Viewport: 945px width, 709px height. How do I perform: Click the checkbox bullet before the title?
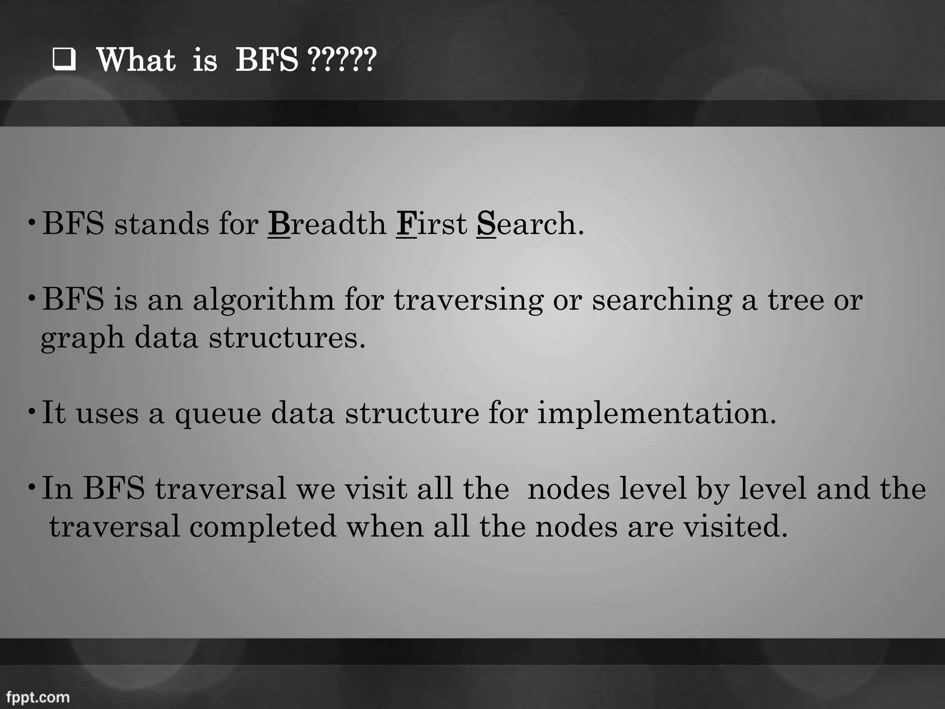64,60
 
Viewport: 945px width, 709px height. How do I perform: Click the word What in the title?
136,60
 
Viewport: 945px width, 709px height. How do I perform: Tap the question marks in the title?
341,60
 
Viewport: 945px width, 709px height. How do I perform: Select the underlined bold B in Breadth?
279,224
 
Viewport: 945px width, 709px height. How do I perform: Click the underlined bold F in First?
406,224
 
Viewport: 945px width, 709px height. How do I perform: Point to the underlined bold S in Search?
486,224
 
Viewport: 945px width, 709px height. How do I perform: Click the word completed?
263,527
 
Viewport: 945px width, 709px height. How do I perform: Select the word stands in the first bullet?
161,224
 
